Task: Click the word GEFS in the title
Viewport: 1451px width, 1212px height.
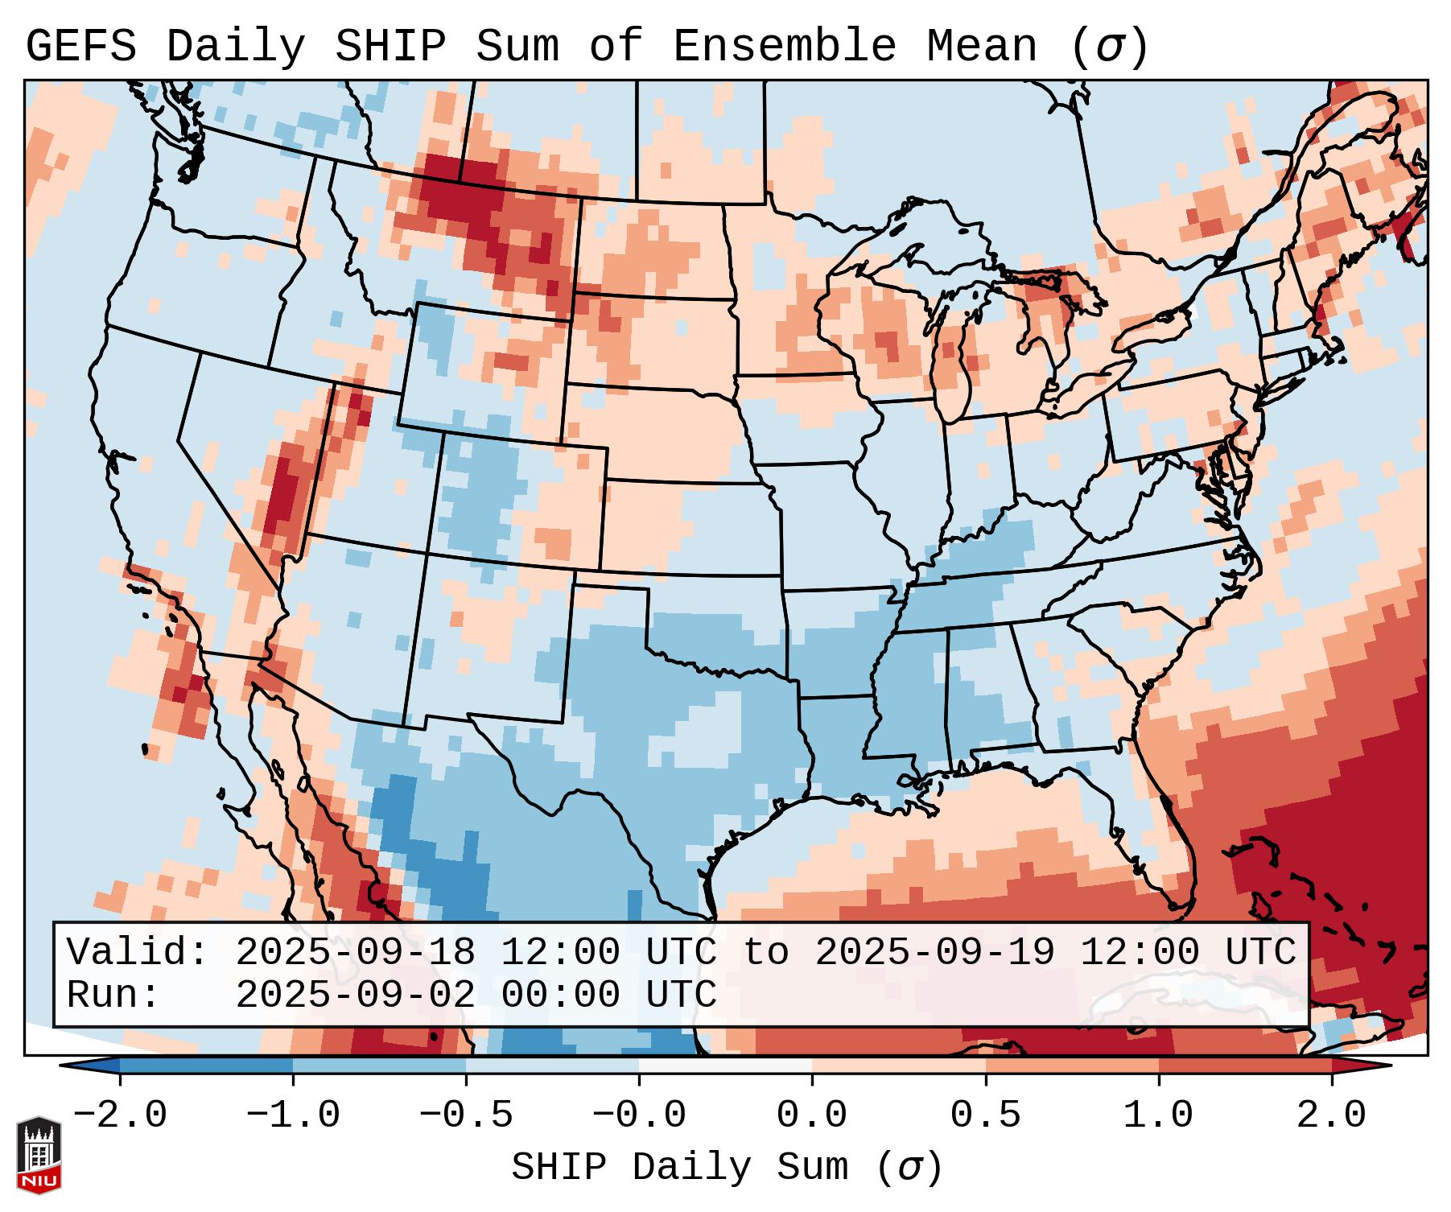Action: coord(81,47)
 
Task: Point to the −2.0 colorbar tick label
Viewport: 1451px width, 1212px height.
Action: coord(120,1116)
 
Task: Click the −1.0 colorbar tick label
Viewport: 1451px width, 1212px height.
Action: coord(293,1116)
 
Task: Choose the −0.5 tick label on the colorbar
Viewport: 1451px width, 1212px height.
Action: coord(466,1116)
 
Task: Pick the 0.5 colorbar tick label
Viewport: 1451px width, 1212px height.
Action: coord(986,1116)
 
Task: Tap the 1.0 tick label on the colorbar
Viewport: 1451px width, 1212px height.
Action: coord(1159,1116)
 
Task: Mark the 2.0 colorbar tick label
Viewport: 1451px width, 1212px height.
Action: coord(1332,1116)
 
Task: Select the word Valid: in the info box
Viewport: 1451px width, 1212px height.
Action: coord(138,953)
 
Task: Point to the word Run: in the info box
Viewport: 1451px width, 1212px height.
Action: coord(113,996)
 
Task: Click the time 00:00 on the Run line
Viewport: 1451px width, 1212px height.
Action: coord(561,996)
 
